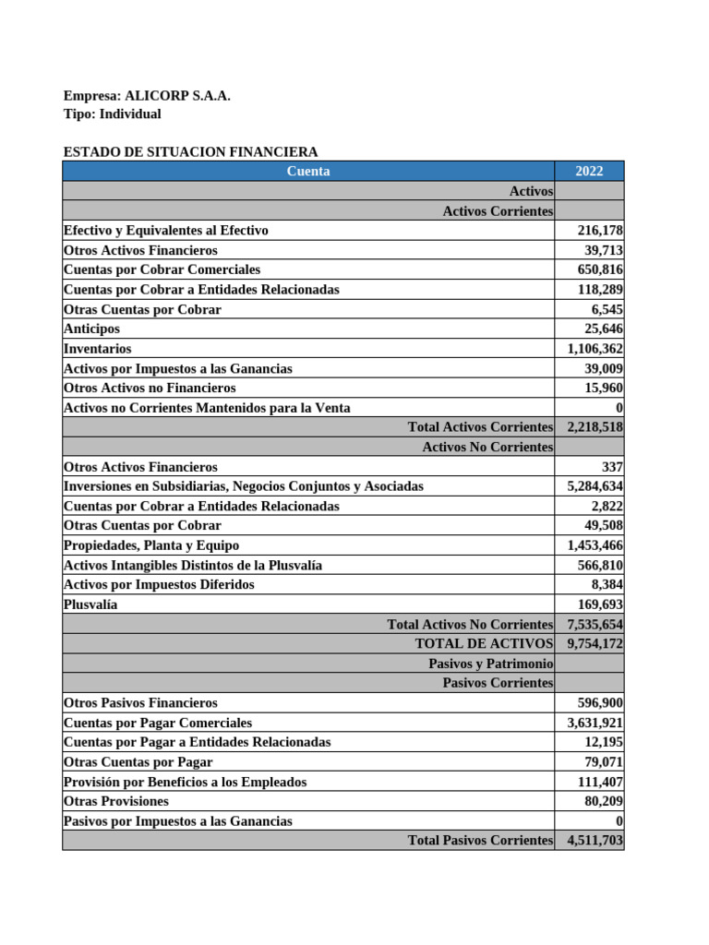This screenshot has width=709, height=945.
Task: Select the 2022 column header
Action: pos(588,171)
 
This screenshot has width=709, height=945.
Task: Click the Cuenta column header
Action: pos(308,171)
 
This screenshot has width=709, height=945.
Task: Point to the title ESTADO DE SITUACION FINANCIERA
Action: pos(190,152)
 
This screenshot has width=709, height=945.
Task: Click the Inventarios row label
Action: pos(98,349)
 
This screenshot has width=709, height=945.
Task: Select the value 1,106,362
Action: pos(595,349)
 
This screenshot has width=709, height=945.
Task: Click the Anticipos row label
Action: pos(91,329)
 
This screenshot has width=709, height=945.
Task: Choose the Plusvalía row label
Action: pos(90,604)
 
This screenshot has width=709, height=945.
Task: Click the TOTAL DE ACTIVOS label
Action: pos(484,644)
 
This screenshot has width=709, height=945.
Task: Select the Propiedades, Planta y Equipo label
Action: pos(151,545)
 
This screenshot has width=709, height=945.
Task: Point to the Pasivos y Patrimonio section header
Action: pos(490,664)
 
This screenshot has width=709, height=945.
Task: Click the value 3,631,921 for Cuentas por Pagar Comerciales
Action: pos(595,723)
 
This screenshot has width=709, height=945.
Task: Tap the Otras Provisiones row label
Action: pos(116,801)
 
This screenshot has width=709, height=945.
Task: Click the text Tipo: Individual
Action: pos(112,114)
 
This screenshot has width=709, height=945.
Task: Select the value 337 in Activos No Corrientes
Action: pos(610,467)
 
